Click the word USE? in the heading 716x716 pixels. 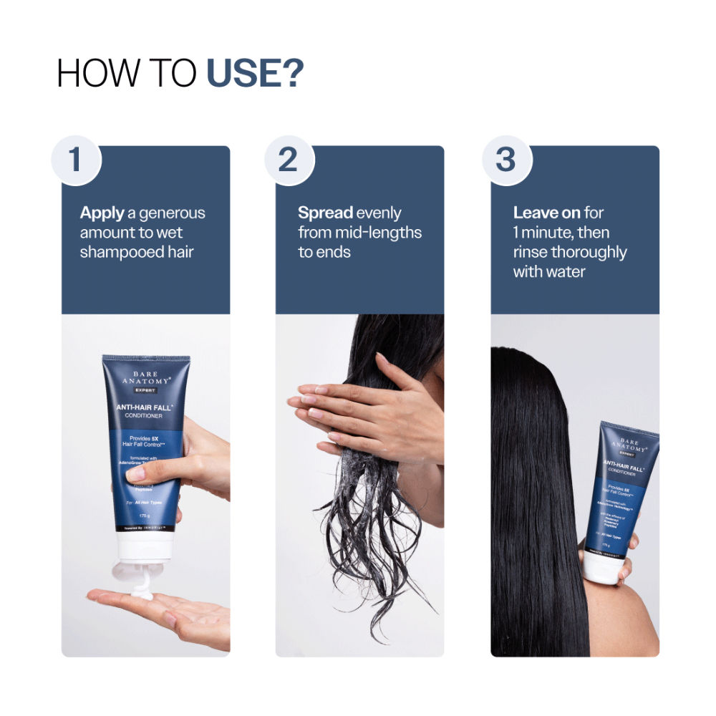[x=255, y=74]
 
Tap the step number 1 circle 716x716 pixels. [x=75, y=160]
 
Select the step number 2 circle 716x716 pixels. [x=288, y=160]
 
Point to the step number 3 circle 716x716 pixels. [x=505, y=160]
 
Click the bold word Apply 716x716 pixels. [x=102, y=213]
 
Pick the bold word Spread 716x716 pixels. [x=326, y=213]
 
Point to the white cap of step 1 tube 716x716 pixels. [x=143, y=548]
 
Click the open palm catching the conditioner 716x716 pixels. [x=165, y=612]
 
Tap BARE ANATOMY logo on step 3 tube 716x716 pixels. [x=630, y=447]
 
